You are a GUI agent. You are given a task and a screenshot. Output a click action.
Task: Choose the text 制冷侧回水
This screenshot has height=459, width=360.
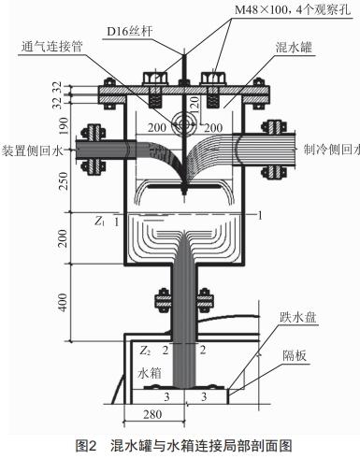point(329,148)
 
